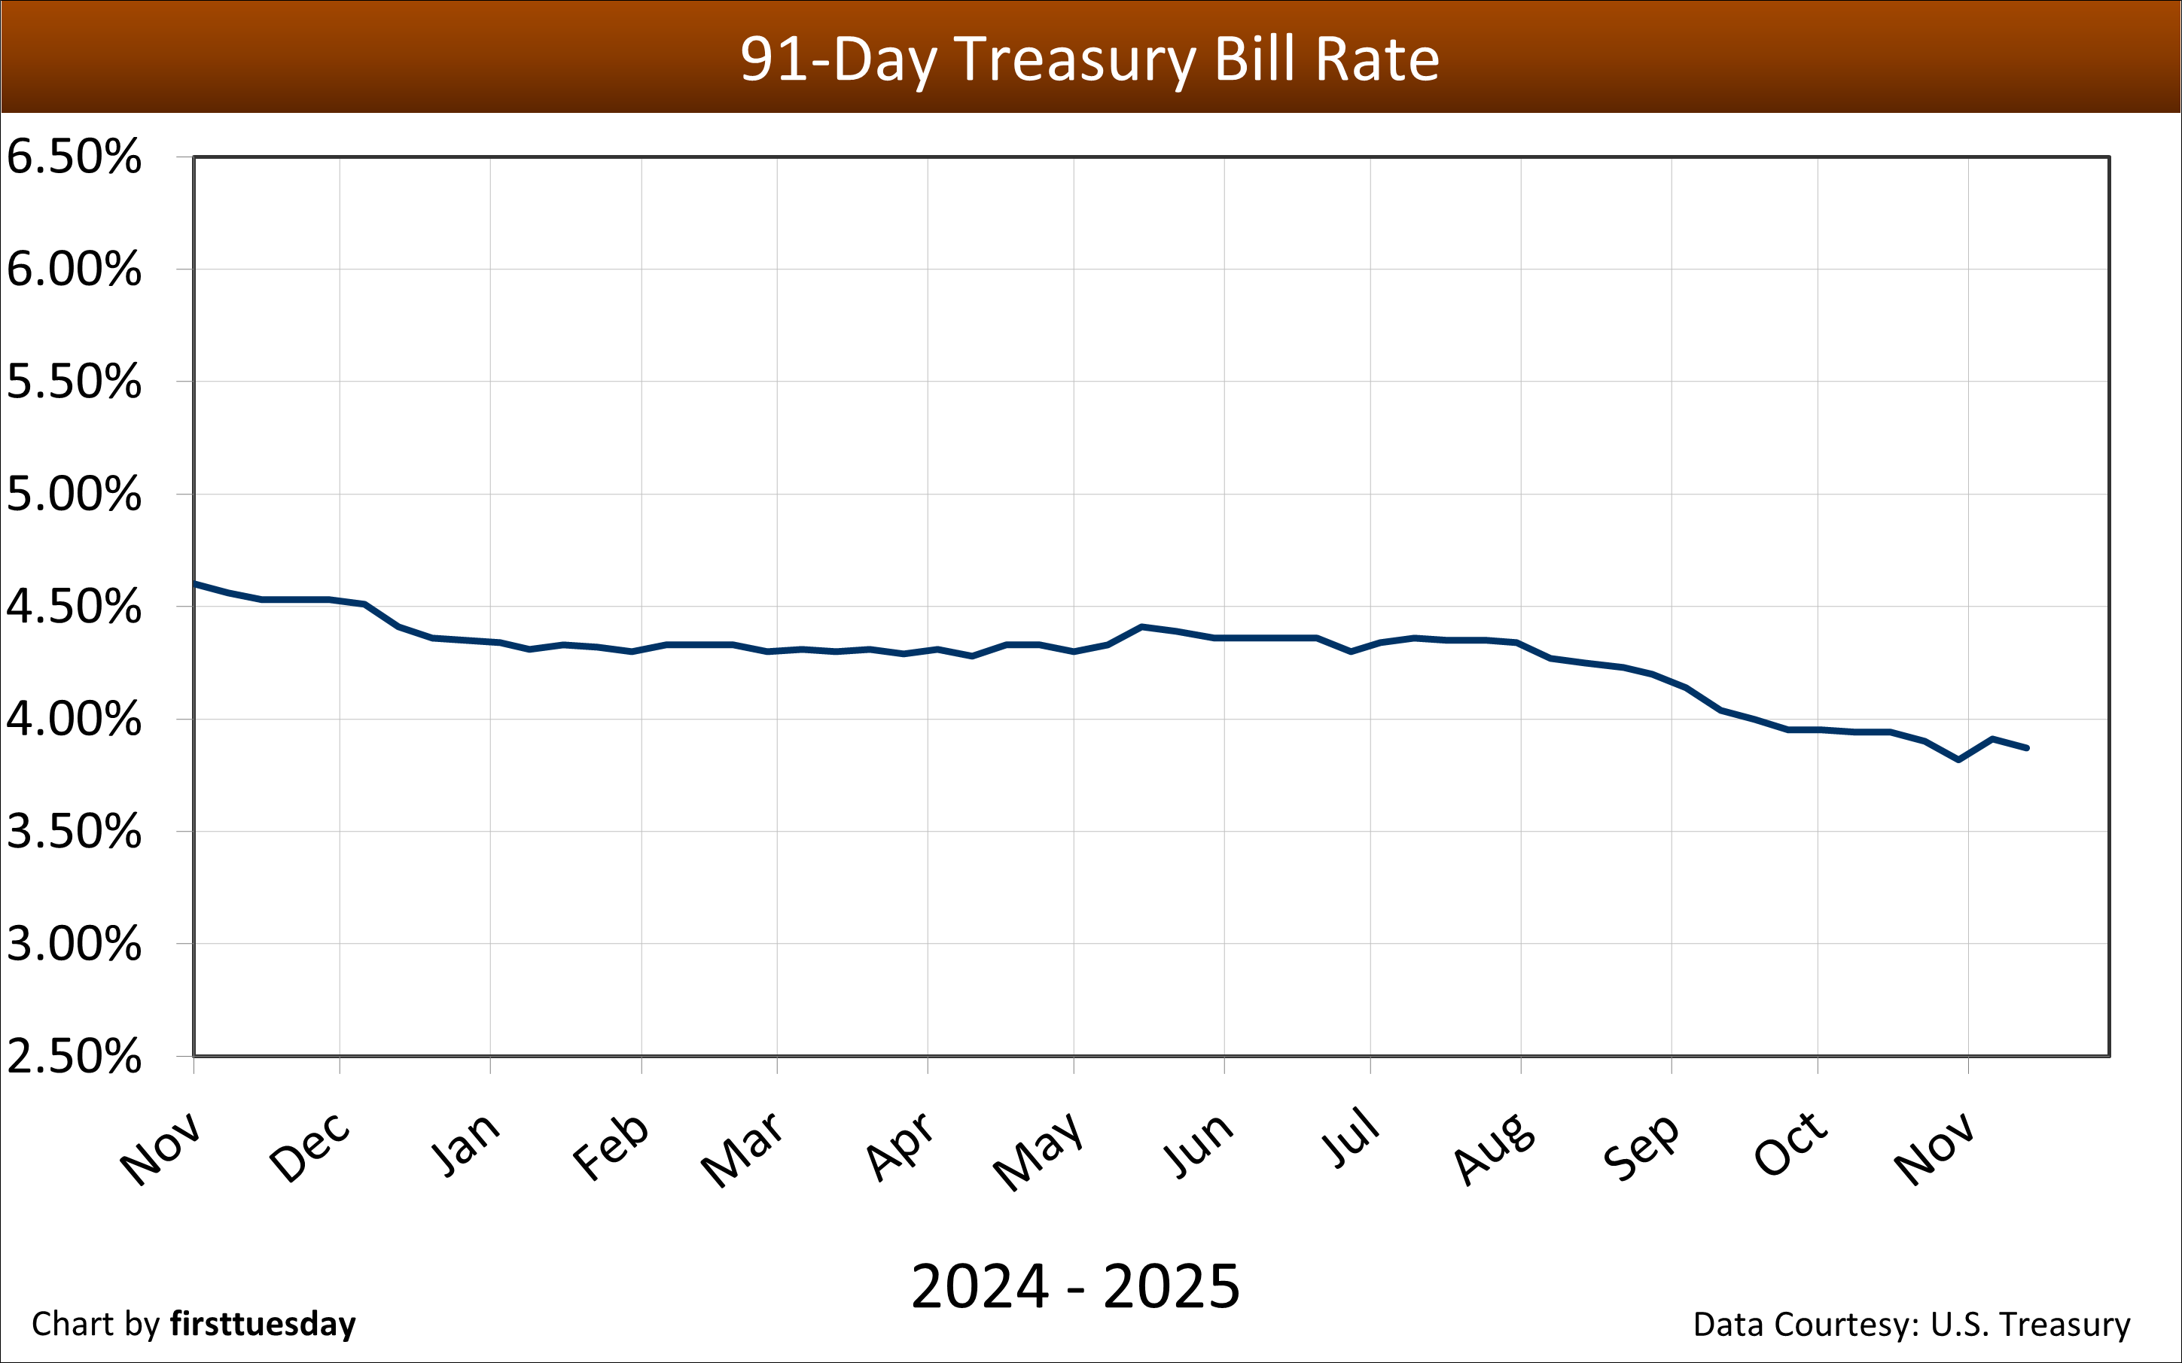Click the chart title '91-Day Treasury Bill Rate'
coord(1089,59)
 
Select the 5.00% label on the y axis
coord(74,494)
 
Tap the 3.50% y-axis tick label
coord(74,831)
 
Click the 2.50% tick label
coord(74,1056)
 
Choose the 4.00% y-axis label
coord(74,720)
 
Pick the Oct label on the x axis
coord(1790,1145)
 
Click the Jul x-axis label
coord(1351,1139)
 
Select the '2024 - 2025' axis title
coord(1074,1286)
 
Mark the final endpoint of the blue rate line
coord(2027,748)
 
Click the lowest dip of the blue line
coord(1958,760)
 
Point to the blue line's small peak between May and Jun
coord(1141,626)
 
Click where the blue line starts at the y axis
coord(196,584)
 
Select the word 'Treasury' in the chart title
coord(1074,59)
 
